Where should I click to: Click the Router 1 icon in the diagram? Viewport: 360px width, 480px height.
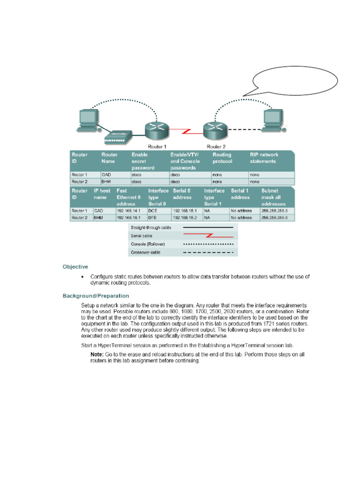pyautogui.click(x=156, y=129)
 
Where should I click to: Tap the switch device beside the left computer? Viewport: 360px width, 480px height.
pyautogui.click(x=115, y=137)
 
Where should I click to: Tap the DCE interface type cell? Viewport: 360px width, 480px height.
pyautogui.click(x=154, y=211)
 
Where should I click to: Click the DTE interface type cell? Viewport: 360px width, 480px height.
pyautogui.click(x=154, y=217)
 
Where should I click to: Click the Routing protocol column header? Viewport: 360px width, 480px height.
pyautogui.click(x=223, y=158)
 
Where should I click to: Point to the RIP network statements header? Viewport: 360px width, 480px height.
pyautogui.click(x=264, y=158)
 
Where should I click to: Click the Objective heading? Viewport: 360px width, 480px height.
pyautogui.click(x=75, y=267)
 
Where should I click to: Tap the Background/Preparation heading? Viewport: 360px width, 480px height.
pyautogui.click(x=96, y=296)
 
